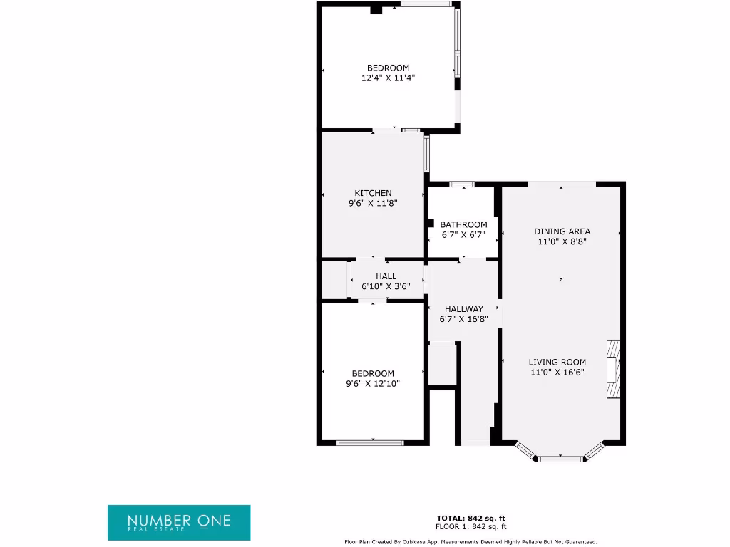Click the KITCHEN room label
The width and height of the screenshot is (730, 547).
tap(373, 193)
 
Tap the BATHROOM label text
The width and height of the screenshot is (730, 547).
tap(463, 224)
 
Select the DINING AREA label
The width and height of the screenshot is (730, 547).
tap(562, 231)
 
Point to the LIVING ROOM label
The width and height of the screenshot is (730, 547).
tap(557, 362)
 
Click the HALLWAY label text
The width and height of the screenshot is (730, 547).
tap(463, 309)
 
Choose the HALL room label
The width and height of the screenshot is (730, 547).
tap(386, 276)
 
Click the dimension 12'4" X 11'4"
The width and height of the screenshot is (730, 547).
tap(388, 78)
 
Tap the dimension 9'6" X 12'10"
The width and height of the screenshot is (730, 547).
tap(373, 384)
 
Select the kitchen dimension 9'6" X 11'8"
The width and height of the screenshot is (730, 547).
tap(373, 203)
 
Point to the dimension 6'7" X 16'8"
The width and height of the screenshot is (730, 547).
tap(463, 319)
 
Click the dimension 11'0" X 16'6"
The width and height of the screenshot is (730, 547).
tap(557, 372)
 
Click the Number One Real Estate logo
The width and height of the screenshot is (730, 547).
tap(179, 522)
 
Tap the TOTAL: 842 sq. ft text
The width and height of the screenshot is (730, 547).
tap(471, 518)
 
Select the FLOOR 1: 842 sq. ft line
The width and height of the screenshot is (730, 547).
tap(471, 527)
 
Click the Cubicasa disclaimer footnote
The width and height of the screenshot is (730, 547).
tap(471, 542)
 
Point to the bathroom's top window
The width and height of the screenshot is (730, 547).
tap(463, 184)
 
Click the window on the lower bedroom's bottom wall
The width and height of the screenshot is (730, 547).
tap(370, 443)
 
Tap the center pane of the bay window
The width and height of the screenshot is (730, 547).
tap(560, 459)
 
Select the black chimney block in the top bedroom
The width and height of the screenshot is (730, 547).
tap(376, 9)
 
